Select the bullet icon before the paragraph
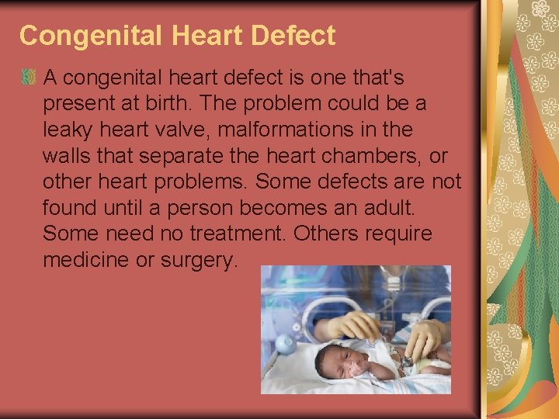pyautogui.click(x=29, y=78)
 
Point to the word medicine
pyautogui.click(x=86, y=260)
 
